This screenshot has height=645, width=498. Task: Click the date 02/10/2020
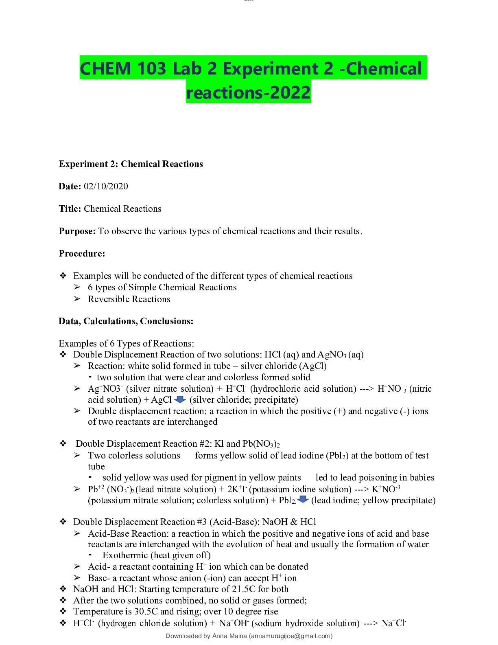point(106,186)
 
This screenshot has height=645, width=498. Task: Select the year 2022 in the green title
point(290,92)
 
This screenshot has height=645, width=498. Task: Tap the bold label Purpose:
point(77,231)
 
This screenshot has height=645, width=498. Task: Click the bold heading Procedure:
point(82,254)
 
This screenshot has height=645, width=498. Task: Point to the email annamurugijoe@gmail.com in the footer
point(290,636)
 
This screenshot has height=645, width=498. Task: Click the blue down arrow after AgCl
point(180,399)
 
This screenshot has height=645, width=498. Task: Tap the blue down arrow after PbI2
point(303,500)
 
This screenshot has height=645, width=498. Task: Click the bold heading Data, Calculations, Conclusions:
point(126,321)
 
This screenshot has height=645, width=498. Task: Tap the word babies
point(422,478)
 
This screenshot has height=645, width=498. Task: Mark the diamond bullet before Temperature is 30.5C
point(63,612)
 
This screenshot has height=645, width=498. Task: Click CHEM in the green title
point(105,68)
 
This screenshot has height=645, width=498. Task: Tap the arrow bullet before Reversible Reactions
point(77,299)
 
